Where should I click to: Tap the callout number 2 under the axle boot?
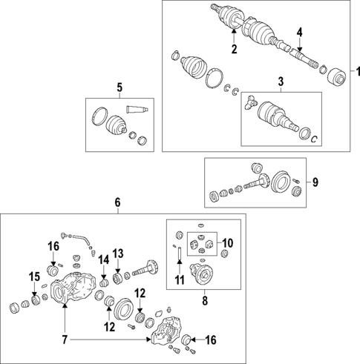pos(233,49)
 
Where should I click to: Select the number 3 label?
pos(280,81)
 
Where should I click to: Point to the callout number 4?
pos(299,32)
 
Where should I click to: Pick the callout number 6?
pos(117,202)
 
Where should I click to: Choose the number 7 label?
pos(65,340)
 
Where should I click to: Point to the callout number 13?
pos(117,254)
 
